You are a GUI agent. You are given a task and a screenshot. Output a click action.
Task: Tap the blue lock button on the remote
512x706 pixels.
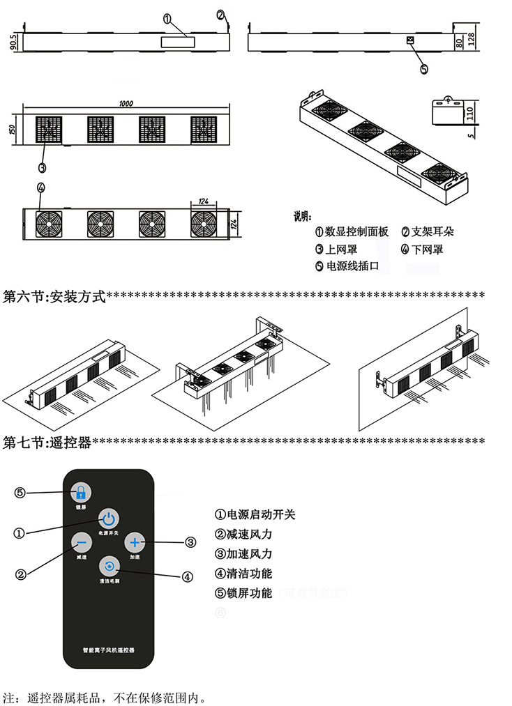81,492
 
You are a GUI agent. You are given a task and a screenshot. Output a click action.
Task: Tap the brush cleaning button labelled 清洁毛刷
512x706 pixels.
108,565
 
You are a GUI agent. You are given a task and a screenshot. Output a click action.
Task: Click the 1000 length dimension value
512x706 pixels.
126,104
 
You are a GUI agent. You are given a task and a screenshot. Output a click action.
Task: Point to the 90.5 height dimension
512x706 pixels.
13,41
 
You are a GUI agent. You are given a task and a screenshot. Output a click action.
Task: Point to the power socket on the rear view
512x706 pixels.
411,41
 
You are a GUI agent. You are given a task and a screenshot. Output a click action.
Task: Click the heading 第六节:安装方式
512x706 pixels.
54,297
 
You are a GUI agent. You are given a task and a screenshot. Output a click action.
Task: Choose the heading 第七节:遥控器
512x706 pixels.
47,442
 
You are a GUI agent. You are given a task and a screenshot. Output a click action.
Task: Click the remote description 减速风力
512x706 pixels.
249,535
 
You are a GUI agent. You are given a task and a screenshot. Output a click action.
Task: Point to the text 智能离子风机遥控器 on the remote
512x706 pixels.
108,649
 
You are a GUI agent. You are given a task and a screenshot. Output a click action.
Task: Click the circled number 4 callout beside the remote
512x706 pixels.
187,576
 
